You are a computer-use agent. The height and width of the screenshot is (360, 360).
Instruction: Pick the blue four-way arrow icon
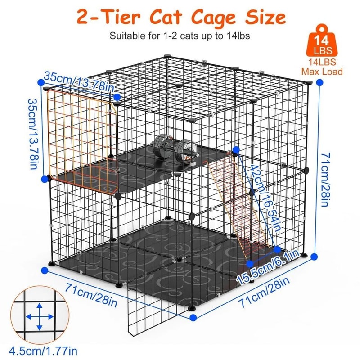39,317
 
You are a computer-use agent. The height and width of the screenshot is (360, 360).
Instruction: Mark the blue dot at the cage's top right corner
319,82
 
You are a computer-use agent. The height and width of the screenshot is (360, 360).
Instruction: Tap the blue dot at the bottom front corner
193,317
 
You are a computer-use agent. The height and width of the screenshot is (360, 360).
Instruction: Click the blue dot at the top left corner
41,81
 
